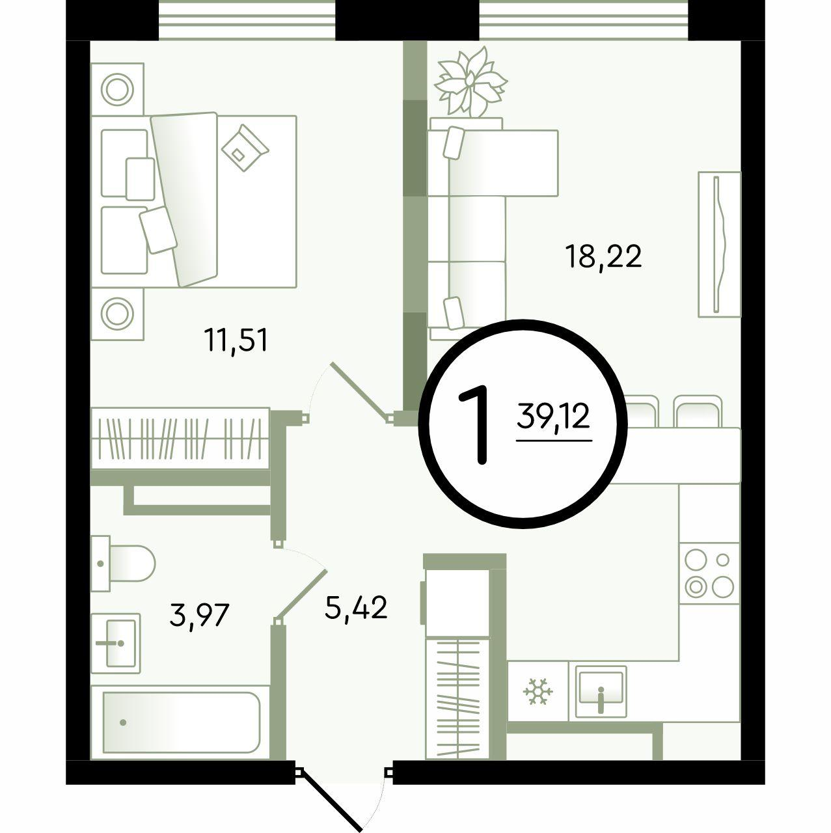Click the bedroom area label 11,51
click(238, 340)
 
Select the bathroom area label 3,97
click(199, 616)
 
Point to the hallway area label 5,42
click(356, 607)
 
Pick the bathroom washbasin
click(116, 644)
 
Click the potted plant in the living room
click(470, 82)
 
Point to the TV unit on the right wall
click(720, 244)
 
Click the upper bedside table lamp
click(117, 89)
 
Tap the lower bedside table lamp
click(117, 314)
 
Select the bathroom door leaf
click(301, 597)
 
